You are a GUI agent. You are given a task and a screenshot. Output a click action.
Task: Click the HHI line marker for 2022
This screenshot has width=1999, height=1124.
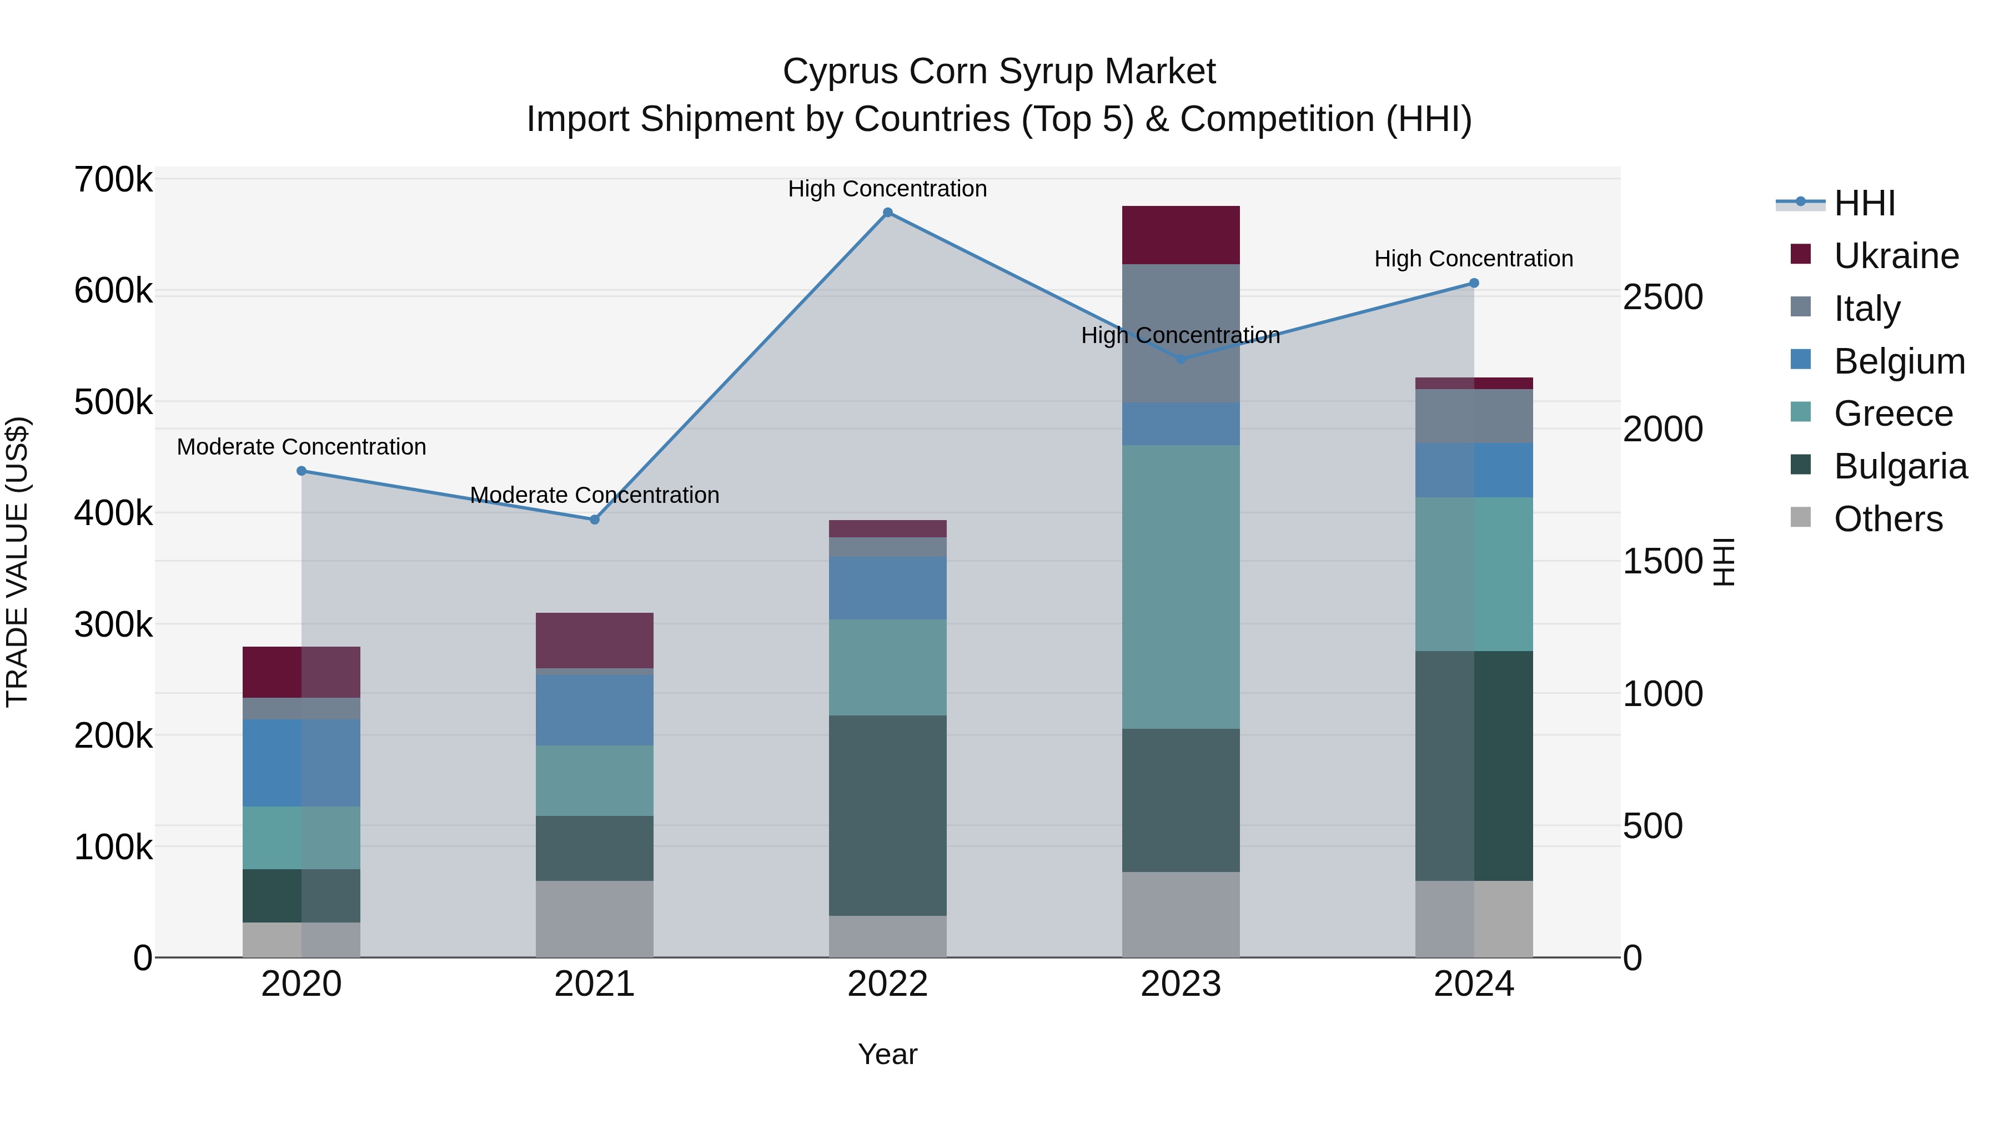[888, 213]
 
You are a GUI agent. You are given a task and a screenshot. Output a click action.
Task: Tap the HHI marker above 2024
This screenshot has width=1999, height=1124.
[1474, 283]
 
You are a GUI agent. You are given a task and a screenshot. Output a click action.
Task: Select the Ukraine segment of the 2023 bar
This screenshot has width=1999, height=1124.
[1181, 235]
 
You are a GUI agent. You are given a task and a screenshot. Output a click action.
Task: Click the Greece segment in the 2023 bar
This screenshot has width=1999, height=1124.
[1181, 587]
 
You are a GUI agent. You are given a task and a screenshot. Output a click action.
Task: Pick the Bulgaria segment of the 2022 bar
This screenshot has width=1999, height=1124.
[888, 815]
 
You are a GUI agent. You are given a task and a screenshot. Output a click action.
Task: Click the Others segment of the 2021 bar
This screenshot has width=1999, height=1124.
[594, 919]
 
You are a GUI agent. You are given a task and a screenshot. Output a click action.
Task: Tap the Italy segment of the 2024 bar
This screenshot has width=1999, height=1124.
[1474, 416]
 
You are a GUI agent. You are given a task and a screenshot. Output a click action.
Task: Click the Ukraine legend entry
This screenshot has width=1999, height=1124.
[1895, 256]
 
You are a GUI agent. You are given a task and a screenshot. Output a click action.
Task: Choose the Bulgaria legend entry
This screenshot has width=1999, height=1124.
[1900, 466]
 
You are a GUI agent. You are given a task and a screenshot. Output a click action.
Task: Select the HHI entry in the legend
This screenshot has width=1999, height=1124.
[1864, 203]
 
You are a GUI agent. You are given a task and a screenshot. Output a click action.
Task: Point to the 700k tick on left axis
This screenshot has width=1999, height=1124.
[113, 180]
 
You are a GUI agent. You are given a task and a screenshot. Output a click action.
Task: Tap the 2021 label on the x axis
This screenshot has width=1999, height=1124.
[594, 984]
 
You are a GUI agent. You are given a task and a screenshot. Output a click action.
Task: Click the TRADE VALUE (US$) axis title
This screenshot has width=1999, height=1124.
[17, 562]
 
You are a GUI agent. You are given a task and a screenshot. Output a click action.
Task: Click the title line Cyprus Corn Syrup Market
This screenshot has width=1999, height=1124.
[999, 72]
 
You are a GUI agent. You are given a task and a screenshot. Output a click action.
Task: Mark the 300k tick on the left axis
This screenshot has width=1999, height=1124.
[113, 624]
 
